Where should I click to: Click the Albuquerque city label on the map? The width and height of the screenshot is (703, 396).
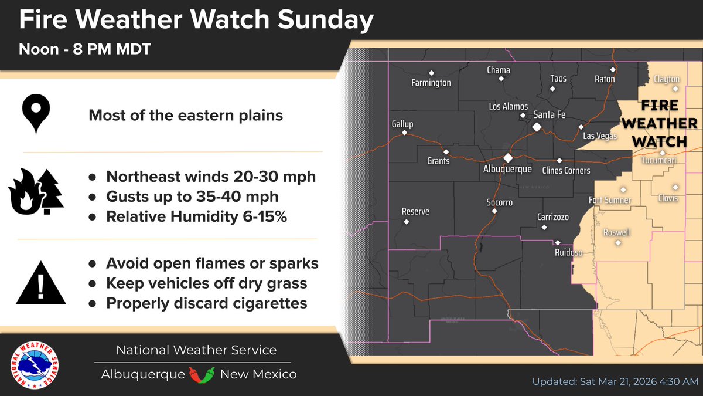point(507,169)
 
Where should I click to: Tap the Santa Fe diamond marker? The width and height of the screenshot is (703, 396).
point(536,127)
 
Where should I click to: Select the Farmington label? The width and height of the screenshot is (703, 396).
point(431,83)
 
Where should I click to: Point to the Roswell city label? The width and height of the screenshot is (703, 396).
point(617,232)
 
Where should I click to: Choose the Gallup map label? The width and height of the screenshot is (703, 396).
point(402,124)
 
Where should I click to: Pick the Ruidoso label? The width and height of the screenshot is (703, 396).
point(568,253)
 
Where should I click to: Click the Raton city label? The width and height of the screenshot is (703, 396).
point(605,79)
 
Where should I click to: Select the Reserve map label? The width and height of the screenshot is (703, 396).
point(415,211)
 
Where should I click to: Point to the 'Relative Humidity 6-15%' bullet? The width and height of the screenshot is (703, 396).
point(196,216)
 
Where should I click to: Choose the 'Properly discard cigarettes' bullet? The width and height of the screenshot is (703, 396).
point(206,303)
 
